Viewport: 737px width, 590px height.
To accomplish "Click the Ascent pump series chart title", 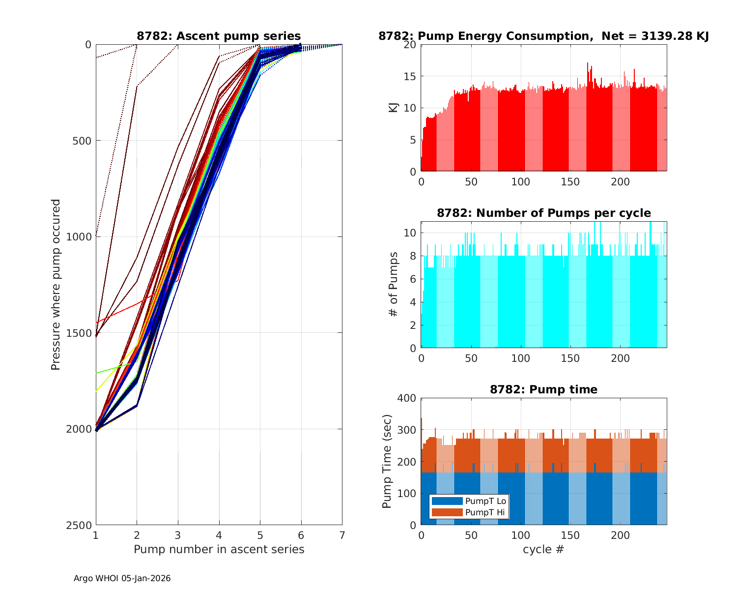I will tap(219, 36).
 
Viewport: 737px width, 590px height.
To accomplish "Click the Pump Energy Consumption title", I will tap(543, 36).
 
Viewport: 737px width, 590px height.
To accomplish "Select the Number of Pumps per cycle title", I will tap(543, 213).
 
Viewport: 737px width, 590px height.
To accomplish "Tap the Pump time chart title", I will tap(543, 389).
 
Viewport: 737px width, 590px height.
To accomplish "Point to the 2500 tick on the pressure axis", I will tap(82, 525).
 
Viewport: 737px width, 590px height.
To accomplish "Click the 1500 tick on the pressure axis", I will tap(82, 333).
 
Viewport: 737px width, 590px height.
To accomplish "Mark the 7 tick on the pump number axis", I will tap(342, 534).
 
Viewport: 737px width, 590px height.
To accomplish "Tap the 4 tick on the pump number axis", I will tap(219, 534).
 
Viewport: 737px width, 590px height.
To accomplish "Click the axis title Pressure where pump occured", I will tap(56, 285).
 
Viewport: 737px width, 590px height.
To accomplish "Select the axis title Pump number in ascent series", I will tap(219, 549).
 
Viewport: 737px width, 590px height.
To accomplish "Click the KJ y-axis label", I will tap(393, 108).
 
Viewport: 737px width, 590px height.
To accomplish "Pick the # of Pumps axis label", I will tap(393, 284).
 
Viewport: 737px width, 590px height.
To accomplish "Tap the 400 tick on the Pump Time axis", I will tap(408, 398).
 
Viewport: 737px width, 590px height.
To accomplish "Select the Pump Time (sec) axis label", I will tap(387, 461).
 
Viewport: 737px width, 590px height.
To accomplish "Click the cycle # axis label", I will tap(543, 549).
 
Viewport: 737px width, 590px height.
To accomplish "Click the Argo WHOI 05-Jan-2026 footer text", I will tap(122, 578).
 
